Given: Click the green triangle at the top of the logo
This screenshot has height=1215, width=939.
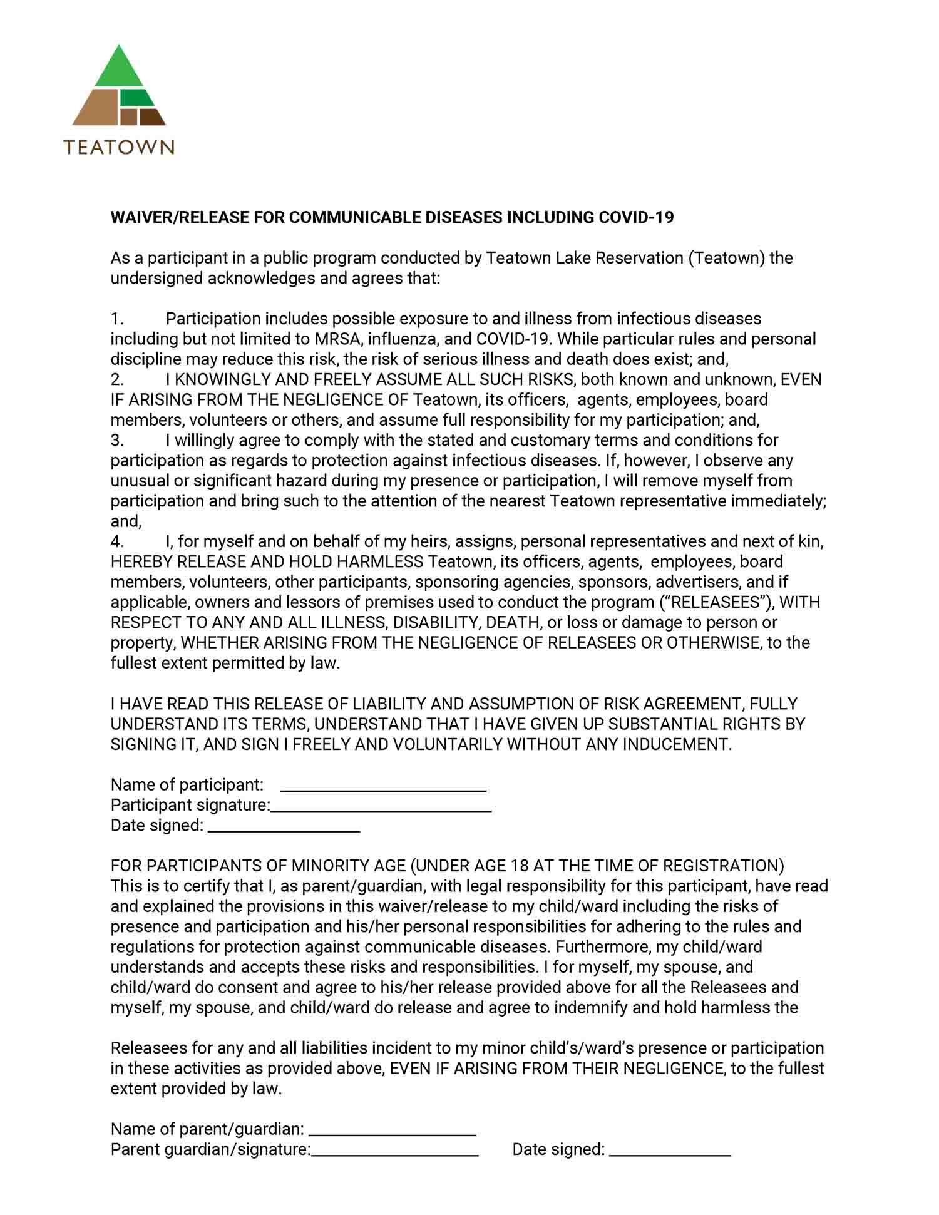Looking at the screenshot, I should [x=119, y=69].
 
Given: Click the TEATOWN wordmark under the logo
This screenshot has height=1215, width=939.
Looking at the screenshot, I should [x=119, y=147].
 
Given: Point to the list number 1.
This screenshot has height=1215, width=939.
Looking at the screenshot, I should [x=117, y=319].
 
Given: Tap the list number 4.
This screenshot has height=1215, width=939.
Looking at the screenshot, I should [x=117, y=541].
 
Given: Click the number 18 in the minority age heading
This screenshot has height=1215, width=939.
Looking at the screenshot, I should [x=520, y=866].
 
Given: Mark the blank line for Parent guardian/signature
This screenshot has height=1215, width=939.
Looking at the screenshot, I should [x=395, y=1154].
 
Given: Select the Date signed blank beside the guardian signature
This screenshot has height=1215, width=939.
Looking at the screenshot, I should [x=670, y=1154].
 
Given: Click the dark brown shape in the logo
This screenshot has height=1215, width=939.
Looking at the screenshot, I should [x=151, y=117].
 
